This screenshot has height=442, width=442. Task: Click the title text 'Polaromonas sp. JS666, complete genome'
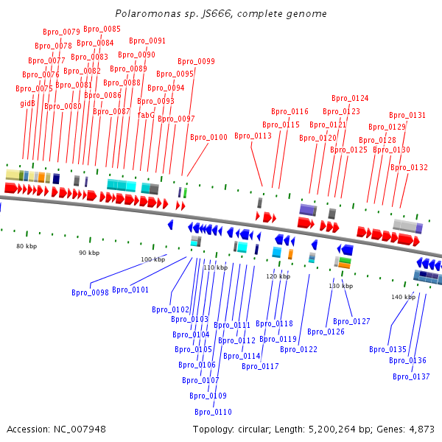point(221,14)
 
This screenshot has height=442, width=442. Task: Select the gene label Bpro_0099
point(197,62)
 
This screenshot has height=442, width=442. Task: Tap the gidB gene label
point(28,104)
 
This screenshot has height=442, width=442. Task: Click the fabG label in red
point(146,115)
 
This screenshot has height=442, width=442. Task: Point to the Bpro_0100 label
point(208,137)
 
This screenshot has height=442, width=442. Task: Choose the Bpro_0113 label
point(253,136)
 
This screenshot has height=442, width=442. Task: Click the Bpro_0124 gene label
point(350,98)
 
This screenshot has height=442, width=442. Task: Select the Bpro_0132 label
point(409,167)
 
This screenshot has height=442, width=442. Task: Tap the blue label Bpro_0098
point(90,292)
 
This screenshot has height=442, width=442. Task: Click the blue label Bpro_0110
point(213,412)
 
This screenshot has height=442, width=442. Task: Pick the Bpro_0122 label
point(298,349)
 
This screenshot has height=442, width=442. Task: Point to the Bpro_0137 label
point(411,376)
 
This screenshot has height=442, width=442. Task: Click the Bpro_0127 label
point(351,321)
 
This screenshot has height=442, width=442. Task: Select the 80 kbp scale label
point(27,246)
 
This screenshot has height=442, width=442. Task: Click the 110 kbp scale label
point(216,267)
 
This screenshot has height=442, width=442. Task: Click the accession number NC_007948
point(81,429)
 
